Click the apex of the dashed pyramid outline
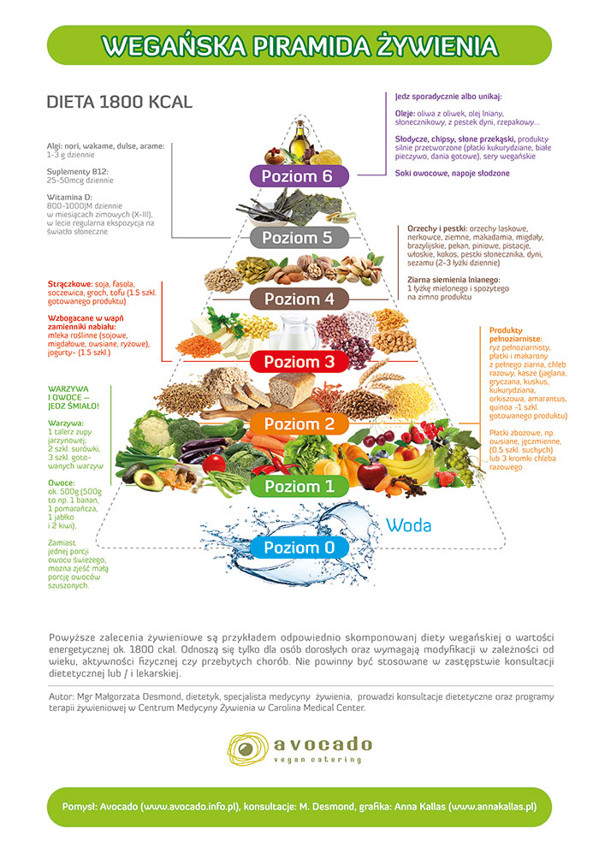pos(299,115)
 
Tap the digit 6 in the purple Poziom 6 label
pos(326,176)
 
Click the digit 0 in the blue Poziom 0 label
pos(329,548)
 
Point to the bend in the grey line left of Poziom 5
pos(172,238)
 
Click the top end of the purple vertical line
pos(387,93)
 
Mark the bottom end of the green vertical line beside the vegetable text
pos(110,485)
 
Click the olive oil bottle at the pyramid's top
pos(299,140)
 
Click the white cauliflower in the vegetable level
pos(151,432)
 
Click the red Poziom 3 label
pos(299,362)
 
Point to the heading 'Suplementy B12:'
pos(77,172)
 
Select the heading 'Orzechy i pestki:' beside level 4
pos(437,228)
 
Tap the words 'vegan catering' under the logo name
pos(317,760)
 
